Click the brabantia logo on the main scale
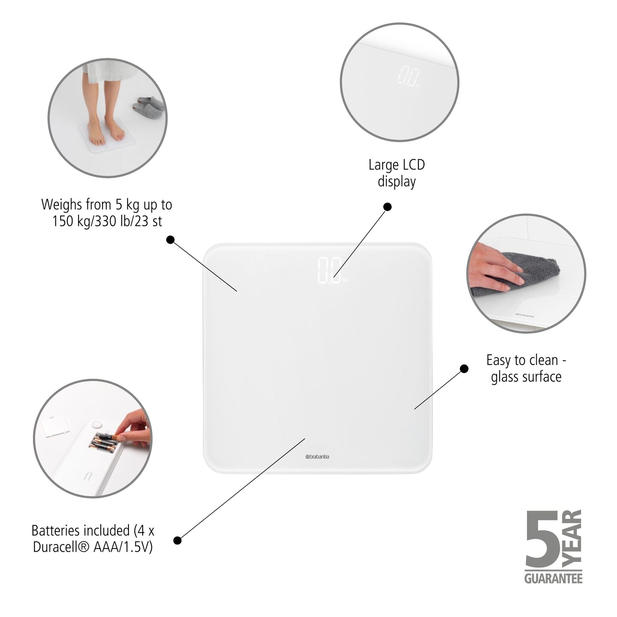pyautogui.click(x=317, y=456)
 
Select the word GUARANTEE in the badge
pyautogui.click(x=553, y=579)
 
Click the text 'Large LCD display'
pyautogui.click(x=397, y=173)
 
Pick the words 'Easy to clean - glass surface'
pyautogui.click(x=526, y=368)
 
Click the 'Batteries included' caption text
pyautogui.click(x=93, y=538)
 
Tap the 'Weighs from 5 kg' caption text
pyautogui.click(x=107, y=213)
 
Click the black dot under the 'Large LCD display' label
pyautogui.click(x=387, y=207)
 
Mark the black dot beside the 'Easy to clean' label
pyautogui.click(x=464, y=368)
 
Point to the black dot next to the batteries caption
pyautogui.click(x=178, y=540)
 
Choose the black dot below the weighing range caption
pyautogui.click(x=170, y=240)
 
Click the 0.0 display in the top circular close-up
pyautogui.click(x=406, y=76)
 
